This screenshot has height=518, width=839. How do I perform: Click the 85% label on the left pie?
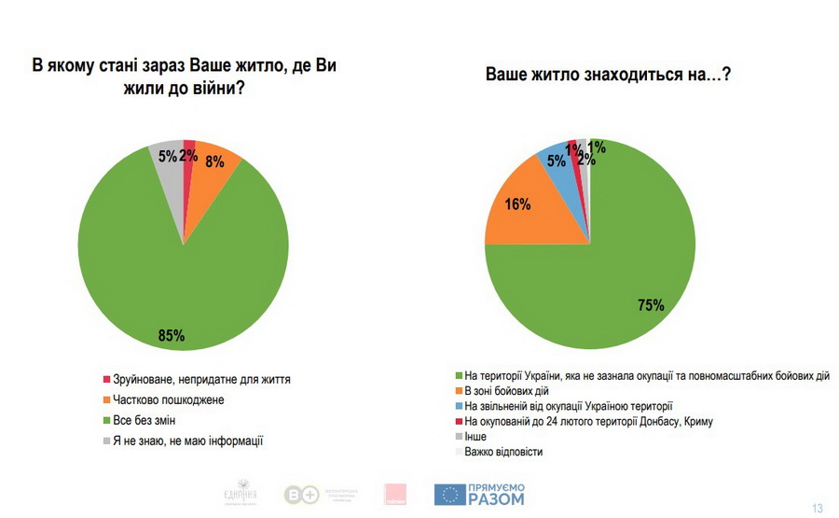coord(172,335)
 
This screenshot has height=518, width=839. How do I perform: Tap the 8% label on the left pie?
coord(214,161)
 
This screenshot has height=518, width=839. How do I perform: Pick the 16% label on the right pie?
coord(518,204)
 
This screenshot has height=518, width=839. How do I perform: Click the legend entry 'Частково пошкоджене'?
coord(168,399)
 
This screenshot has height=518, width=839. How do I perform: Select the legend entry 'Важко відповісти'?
coord(502,452)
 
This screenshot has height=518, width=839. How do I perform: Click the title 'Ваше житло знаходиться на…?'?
coord(607,75)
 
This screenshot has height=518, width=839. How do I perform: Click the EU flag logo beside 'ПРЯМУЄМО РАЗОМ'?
coord(450,495)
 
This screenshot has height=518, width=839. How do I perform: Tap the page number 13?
coord(818,509)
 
